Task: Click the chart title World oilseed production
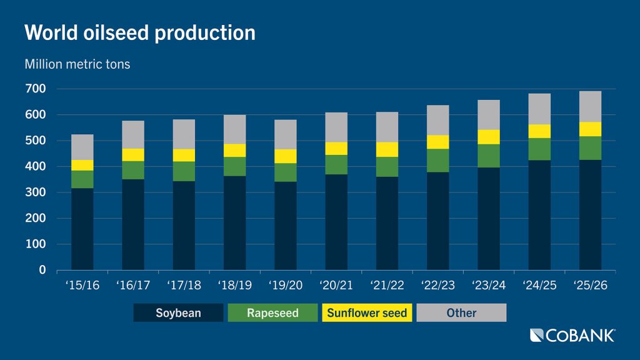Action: (x=139, y=32)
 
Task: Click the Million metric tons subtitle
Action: (x=77, y=64)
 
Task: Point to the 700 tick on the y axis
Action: (x=36, y=89)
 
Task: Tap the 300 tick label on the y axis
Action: (x=36, y=192)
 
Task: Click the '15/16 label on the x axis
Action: (x=82, y=286)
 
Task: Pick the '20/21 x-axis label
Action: (x=336, y=286)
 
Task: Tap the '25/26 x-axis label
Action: (x=589, y=286)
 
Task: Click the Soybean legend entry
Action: (x=178, y=312)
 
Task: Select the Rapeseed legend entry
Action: (x=272, y=312)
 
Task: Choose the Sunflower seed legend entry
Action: (x=367, y=312)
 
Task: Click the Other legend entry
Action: (x=461, y=312)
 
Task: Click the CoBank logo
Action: (x=572, y=336)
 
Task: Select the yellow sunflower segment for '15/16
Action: (x=82, y=165)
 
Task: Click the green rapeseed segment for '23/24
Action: (x=488, y=156)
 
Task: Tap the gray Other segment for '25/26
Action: (x=589, y=106)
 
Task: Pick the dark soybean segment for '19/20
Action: (x=285, y=226)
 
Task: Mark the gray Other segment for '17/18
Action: (x=184, y=134)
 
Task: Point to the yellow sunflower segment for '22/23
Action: (x=437, y=142)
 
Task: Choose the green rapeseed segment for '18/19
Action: (x=234, y=166)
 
